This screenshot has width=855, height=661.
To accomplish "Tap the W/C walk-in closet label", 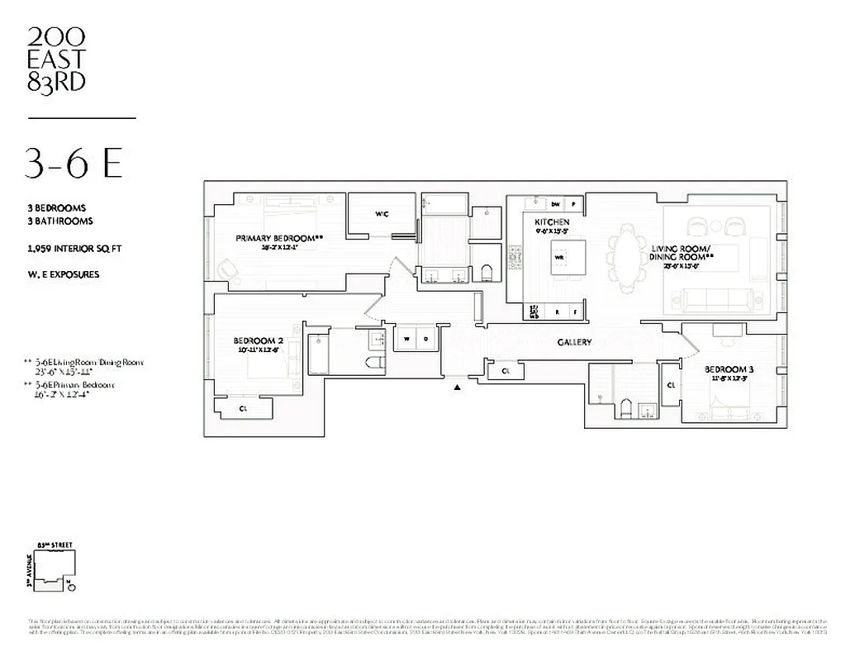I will (381, 214).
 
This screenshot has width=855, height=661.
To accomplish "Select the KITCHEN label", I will (552, 222).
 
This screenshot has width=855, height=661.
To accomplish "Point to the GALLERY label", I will (574, 342).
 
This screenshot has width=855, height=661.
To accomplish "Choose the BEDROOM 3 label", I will (724, 369).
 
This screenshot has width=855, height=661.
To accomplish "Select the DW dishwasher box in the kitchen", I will (556, 203).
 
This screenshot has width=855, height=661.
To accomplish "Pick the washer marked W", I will (407, 338).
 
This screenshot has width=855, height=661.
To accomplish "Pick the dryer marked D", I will (426, 338).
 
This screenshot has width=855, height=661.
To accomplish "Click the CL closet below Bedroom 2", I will (244, 408).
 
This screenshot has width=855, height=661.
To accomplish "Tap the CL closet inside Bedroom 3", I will (671, 385).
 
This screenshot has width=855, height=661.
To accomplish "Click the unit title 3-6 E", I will (73, 164).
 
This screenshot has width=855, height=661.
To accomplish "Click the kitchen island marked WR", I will (558, 257).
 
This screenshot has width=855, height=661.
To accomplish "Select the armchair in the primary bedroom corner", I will (227, 269).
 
